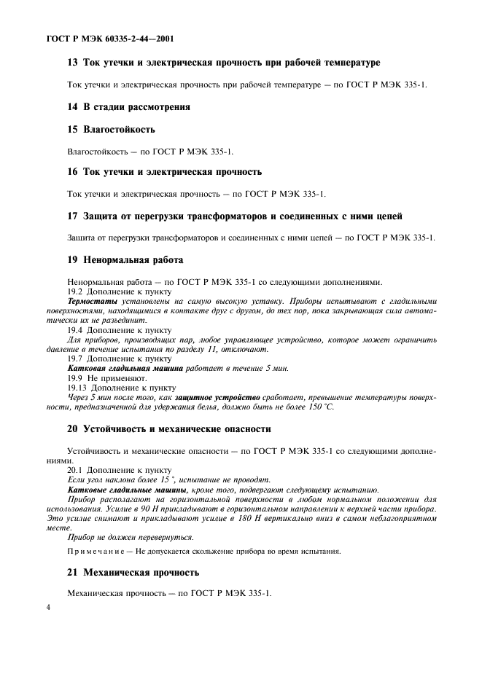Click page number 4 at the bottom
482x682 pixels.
(x=49, y=605)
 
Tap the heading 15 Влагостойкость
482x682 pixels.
(x=111, y=129)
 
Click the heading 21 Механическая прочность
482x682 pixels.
(x=133, y=572)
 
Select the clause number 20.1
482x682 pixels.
(x=76, y=471)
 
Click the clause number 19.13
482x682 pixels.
(x=78, y=388)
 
